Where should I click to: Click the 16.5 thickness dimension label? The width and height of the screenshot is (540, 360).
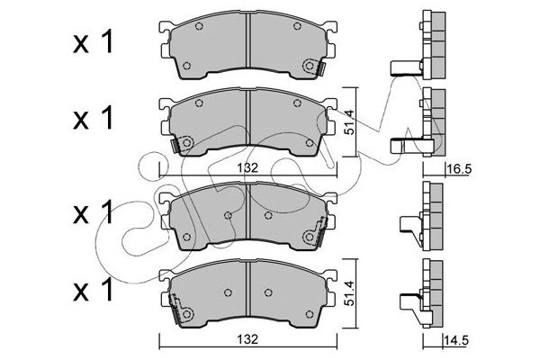tap(459, 169)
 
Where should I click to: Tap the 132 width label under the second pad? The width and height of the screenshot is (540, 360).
tap(247, 167)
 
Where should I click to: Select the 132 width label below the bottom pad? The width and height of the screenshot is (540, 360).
tap(247, 339)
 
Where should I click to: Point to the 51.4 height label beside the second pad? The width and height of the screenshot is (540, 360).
tap(349, 121)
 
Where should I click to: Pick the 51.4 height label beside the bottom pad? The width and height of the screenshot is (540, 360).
tap(349, 293)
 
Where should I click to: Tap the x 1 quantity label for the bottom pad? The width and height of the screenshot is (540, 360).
tap(93, 289)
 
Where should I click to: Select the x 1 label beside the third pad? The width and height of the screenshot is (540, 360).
tap(93, 211)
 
